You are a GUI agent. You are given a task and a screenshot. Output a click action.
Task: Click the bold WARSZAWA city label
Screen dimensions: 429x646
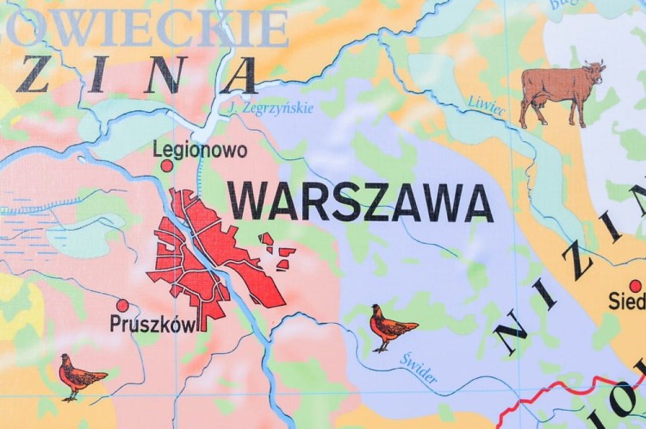point(360,203)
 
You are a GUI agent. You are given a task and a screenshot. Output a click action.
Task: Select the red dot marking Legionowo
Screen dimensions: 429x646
point(166,165)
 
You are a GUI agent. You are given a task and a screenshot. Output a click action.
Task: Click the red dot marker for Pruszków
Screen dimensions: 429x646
point(122,305)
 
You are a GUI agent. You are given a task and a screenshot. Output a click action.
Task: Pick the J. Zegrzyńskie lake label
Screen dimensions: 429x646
point(272,108)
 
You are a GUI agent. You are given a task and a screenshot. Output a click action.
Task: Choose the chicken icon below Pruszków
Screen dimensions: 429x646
point(80,376)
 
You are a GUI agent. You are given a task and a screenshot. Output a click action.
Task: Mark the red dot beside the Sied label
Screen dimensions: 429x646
point(636,286)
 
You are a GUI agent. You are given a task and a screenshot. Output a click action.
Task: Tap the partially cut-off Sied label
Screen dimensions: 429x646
point(628,302)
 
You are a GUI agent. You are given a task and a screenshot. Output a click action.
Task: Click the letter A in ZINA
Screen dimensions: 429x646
point(239,76)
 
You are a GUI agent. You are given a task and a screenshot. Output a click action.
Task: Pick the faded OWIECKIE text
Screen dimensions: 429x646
point(146,28)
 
